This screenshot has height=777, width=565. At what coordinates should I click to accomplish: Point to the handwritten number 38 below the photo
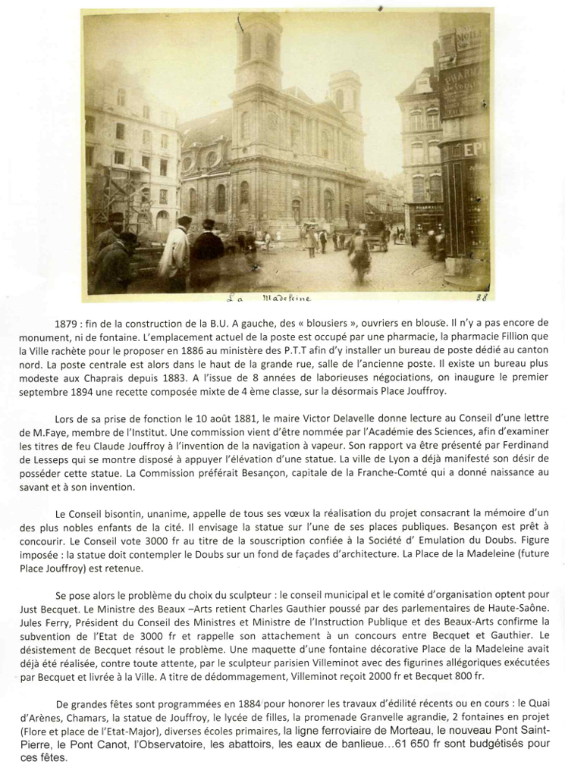coord(481,299)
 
